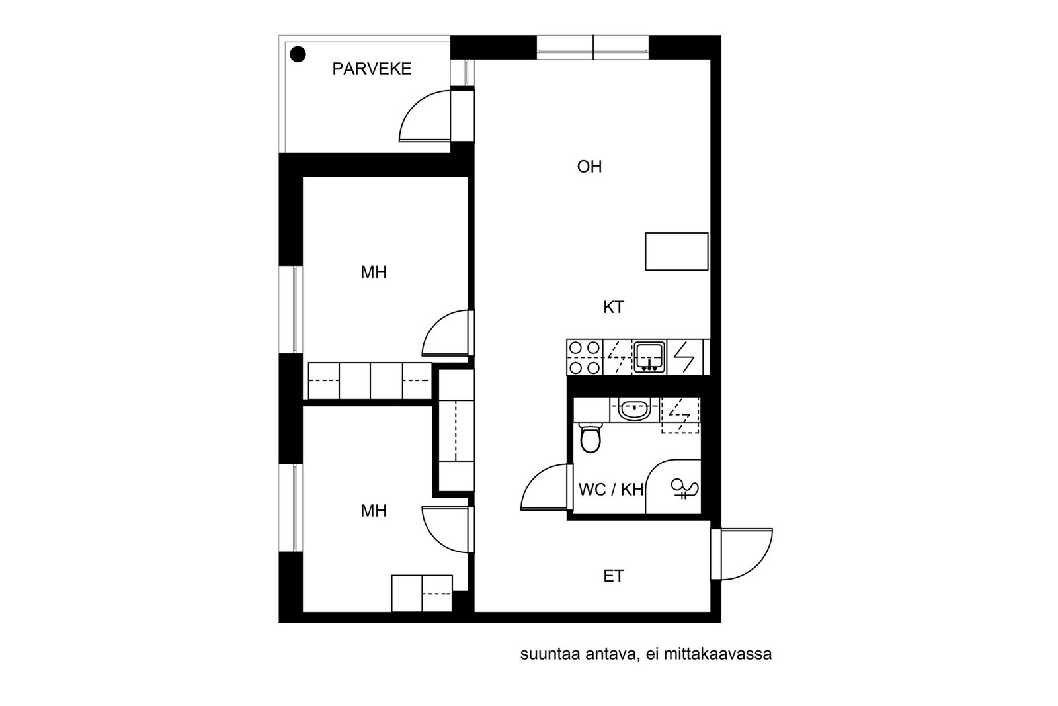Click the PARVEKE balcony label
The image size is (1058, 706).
[372, 69]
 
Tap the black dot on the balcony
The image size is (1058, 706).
[298, 54]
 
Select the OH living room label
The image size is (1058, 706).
[589, 167]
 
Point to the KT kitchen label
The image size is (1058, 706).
[613, 307]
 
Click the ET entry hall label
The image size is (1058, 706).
[613, 576]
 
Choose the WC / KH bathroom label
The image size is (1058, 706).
[610, 490]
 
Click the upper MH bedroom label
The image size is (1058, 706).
[374, 272]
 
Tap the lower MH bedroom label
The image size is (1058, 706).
[374, 511]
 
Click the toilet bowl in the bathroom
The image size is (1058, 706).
[590, 437]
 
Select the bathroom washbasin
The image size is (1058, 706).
[634, 410]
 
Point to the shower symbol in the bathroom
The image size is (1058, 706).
[684, 488]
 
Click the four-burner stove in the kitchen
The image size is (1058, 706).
[585, 357]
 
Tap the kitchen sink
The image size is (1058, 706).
[649, 357]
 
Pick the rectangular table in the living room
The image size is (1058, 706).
[676, 251]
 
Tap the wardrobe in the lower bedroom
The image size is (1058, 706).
[422, 594]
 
